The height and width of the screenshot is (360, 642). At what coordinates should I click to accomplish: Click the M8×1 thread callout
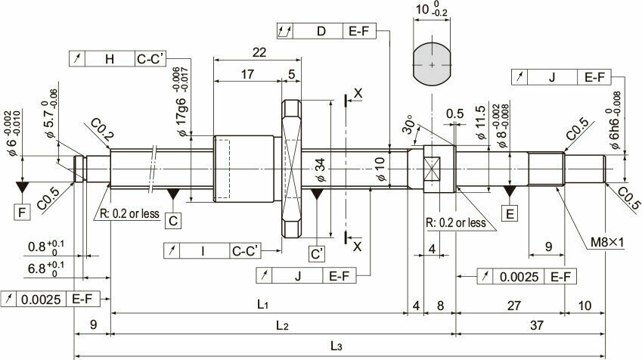coord(607,243)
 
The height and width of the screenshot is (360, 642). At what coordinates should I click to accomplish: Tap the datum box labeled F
coord(22,213)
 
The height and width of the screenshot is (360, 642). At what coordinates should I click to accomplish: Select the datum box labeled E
coord(510,214)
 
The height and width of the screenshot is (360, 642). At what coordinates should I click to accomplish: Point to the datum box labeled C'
coord(317,254)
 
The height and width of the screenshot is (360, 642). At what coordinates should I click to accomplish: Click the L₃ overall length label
coord(336,346)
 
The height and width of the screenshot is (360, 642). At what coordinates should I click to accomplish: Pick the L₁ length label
coord(262,304)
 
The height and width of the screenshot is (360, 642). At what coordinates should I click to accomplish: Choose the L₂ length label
coord(282,326)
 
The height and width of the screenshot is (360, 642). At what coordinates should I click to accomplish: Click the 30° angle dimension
coord(408,125)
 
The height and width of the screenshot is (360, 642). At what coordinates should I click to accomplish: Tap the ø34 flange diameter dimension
coord(320,170)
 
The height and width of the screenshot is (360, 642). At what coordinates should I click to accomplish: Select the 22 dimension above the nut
coord(259,52)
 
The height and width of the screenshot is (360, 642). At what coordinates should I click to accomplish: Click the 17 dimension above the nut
coord(247,74)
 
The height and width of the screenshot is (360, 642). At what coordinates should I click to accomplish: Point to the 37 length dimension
coord(537,325)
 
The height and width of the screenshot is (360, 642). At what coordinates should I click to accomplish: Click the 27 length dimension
coord(514,306)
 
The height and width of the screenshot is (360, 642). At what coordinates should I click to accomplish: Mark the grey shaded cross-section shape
coord(432,65)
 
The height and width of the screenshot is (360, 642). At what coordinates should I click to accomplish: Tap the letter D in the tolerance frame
coord(321,32)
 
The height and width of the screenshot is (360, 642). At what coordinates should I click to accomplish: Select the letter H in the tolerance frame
coord(110,60)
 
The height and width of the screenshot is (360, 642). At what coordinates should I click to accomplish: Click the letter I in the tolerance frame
coord(203,251)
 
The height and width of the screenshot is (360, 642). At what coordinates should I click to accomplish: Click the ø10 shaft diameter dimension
coord(380,169)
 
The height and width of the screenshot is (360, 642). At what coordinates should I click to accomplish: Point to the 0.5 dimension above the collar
coord(455,113)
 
